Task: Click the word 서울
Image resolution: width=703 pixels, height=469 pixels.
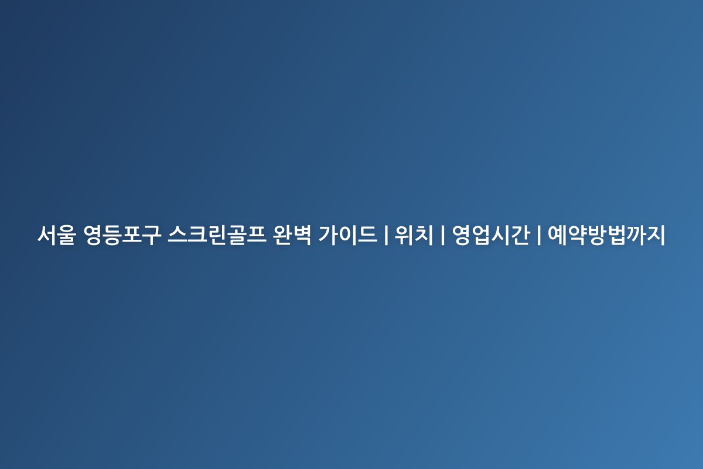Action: click(x=57, y=235)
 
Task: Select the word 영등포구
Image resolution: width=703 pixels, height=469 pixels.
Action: click(x=122, y=235)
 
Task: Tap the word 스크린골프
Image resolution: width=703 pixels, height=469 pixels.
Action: click(x=217, y=235)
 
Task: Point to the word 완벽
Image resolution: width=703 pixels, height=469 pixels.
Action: click(x=292, y=235)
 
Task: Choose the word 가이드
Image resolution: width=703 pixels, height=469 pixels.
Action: click(x=348, y=235)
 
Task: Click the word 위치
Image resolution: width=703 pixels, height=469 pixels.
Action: click(x=414, y=235)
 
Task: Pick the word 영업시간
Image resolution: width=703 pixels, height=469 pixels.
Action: click(x=491, y=235)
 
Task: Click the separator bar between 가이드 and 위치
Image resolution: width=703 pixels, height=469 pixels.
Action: click(x=386, y=235)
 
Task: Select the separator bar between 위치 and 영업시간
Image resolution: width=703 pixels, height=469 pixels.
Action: click(x=442, y=235)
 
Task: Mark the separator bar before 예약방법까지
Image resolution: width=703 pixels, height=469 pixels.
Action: click(x=539, y=235)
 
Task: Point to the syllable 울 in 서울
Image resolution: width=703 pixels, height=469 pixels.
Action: click(x=67, y=235)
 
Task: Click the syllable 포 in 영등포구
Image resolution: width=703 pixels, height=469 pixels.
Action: click(x=132, y=235)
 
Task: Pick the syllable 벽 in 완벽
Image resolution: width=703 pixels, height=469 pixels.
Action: click(x=302, y=235)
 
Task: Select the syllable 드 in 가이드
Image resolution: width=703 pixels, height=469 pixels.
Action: click(x=368, y=235)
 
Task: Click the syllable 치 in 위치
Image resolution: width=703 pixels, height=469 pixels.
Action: click(x=424, y=235)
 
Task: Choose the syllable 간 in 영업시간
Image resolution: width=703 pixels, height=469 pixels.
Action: click(x=521, y=235)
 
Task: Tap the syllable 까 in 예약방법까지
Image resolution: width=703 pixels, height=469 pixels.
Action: click(x=636, y=235)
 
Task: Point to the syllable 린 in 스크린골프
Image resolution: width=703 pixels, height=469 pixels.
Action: click(x=217, y=235)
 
